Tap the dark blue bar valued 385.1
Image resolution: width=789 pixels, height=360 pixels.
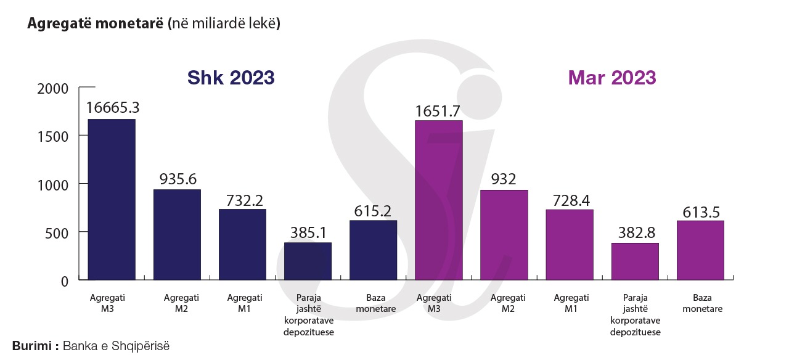(308, 261)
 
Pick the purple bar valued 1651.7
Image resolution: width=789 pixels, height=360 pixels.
(438, 200)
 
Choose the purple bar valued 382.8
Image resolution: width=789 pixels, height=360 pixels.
(635, 261)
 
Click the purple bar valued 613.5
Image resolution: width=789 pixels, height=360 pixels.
(700, 250)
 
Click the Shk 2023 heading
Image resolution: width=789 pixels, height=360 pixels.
(231, 78)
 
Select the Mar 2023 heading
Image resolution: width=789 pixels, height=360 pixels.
(611, 78)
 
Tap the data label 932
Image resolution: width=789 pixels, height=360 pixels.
(504, 179)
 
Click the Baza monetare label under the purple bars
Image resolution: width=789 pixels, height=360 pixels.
(700, 303)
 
